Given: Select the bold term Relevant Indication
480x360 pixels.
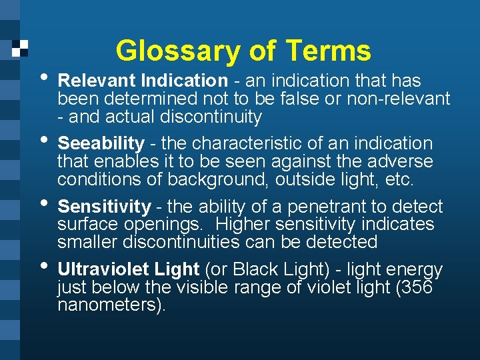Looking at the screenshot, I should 143,81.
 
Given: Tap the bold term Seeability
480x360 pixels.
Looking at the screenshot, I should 101,143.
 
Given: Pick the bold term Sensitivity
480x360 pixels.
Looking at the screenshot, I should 104,207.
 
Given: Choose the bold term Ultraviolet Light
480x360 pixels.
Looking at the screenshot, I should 129,269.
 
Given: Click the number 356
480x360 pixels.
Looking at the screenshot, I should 418,288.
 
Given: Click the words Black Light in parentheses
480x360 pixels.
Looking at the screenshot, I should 272,269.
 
